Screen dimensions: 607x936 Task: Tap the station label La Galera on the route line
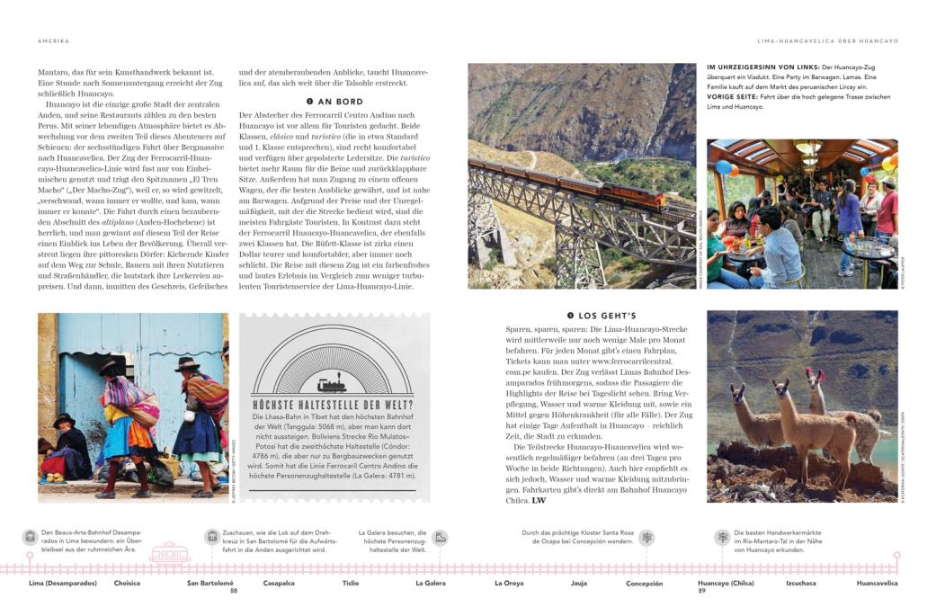click(430, 583)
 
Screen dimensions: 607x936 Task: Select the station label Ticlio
click(350, 583)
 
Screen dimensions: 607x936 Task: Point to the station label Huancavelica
click(877, 583)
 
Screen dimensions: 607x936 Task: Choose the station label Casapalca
click(279, 583)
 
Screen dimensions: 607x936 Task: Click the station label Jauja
click(579, 583)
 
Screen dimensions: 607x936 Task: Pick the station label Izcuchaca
click(800, 583)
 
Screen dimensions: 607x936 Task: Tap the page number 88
click(234, 591)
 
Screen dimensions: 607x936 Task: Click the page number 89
click(702, 591)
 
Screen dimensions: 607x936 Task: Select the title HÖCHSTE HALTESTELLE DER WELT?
click(333, 405)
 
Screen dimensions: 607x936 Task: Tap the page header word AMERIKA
click(53, 40)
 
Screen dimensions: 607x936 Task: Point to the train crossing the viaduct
click(557, 187)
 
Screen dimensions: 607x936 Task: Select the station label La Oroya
click(509, 583)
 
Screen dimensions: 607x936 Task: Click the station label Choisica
click(127, 583)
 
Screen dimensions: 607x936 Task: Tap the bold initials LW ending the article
click(539, 501)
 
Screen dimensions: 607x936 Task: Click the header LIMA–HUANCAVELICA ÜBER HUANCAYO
click(827, 40)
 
